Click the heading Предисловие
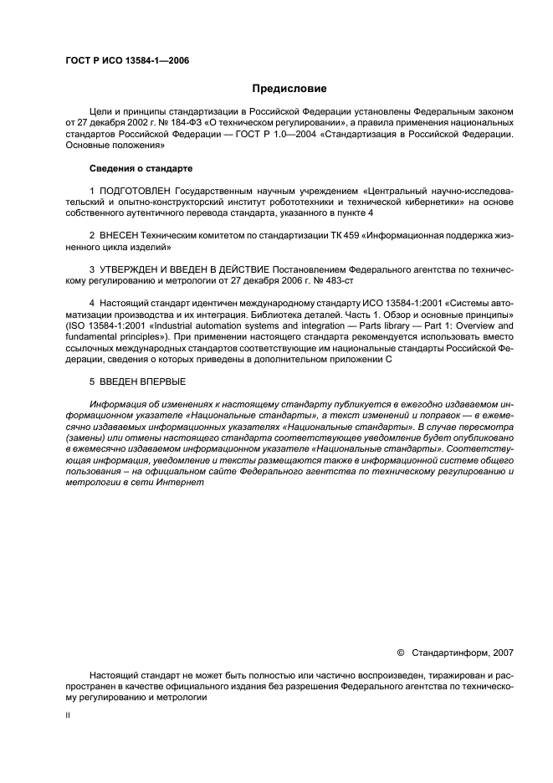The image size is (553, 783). pos(289,88)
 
